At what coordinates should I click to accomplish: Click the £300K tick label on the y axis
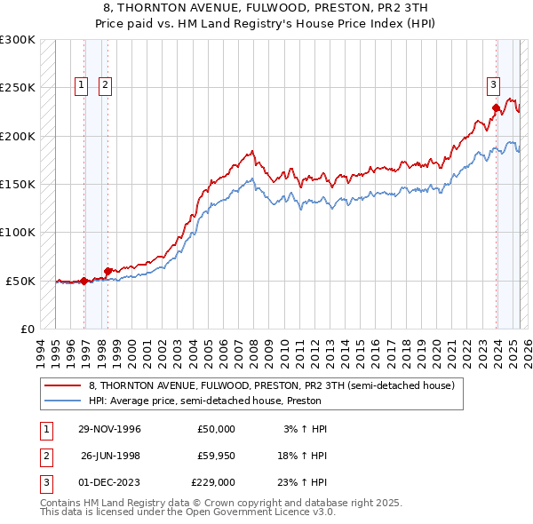pyautogui.click(x=18, y=40)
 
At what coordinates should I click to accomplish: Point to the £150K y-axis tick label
pyautogui.click(x=18, y=184)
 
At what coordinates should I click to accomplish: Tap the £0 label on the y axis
pyautogui.click(x=27, y=329)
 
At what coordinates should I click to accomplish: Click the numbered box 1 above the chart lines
pyautogui.click(x=81, y=85)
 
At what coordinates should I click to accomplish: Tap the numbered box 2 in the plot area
pyautogui.click(x=105, y=85)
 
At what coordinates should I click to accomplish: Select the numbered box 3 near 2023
pyautogui.click(x=492, y=85)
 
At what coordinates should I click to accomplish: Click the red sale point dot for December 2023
pyautogui.click(x=496, y=108)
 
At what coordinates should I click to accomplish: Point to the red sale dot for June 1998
pyautogui.click(x=107, y=271)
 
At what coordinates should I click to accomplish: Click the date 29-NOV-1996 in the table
pyautogui.click(x=109, y=429)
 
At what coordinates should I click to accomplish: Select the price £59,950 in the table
pyautogui.click(x=216, y=456)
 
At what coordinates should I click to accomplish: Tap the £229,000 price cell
pyautogui.click(x=213, y=482)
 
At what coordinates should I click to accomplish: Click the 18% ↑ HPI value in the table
pyautogui.click(x=305, y=456)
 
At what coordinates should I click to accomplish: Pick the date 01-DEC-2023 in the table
pyautogui.click(x=109, y=482)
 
